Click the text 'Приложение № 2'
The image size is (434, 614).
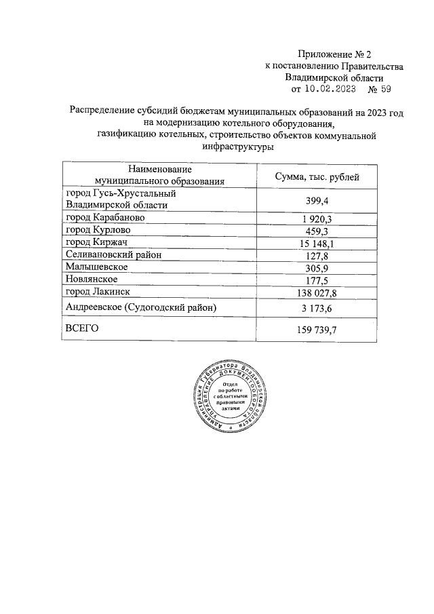click(x=334, y=54)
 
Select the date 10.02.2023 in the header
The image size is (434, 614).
click(x=330, y=88)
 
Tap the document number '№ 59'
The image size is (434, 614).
click(x=379, y=88)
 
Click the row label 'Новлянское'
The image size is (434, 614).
click(x=92, y=279)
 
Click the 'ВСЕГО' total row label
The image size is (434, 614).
click(x=82, y=328)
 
